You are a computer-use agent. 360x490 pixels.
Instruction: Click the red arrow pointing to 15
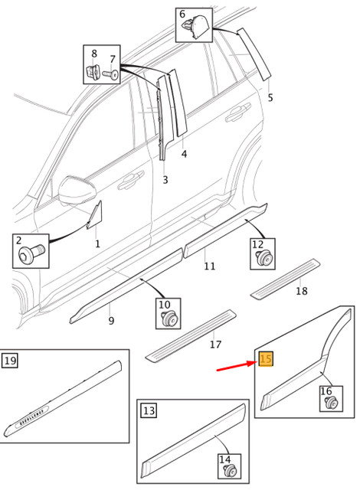(x=236, y=367)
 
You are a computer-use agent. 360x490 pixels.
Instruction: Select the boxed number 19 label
(x=10, y=361)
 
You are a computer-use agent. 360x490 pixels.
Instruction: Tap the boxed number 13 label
(x=149, y=411)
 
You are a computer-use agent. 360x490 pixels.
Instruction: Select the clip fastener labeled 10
(x=167, y=319)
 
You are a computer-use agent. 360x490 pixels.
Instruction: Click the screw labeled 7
(x=112, y=74)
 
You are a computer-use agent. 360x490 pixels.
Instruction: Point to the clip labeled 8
(x=93, y=72)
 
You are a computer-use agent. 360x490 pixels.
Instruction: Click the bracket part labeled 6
(x=196, y=28)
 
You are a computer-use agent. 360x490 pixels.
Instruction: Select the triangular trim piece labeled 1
(x=94, y=216)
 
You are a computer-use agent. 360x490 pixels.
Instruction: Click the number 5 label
(x=270, y=98)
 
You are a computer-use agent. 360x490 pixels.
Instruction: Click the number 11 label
(x=209, y=266)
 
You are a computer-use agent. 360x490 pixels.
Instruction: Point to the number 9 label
(x=111, y=321)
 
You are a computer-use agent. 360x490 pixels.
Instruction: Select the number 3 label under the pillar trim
(x=165, y=180)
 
